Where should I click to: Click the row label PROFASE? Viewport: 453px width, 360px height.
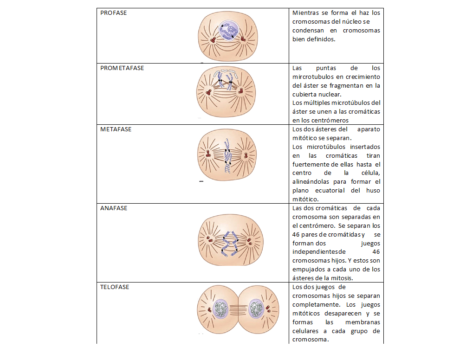coord(114,13)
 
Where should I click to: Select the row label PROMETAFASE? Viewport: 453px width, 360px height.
coord(122,68)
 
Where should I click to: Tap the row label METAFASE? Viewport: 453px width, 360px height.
coord(116,129)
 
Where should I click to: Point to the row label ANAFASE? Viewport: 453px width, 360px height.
coord(114,208)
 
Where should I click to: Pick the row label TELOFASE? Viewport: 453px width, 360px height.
coord(115,287)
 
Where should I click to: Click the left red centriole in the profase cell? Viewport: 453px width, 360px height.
coord(211,41)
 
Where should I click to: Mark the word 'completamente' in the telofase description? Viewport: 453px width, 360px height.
coord(315,305)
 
